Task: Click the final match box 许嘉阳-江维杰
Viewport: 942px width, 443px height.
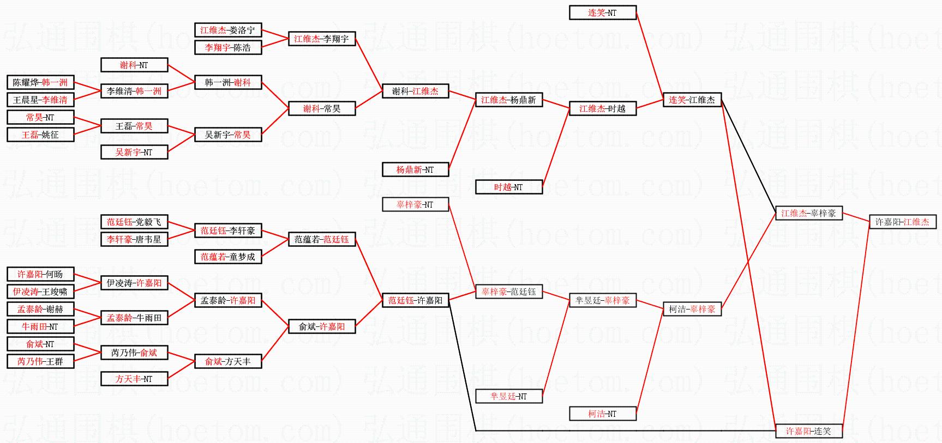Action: click(x=902, y=222)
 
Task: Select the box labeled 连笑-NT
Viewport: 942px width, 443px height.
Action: click(x=602, y=13)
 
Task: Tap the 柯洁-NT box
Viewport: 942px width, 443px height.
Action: click(x=602, y=414)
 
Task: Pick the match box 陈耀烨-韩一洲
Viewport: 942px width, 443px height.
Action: click(x=40, y=82)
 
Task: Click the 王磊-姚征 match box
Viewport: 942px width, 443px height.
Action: click(x=40, y=135)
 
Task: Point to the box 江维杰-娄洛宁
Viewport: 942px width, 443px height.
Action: click(x=227, y=30)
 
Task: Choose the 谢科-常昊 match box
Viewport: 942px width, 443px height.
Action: click(x=321, y=108)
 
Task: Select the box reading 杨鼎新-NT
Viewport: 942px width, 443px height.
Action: click(x=415, y=169)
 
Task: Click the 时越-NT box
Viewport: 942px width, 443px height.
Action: click(x=508, y=187)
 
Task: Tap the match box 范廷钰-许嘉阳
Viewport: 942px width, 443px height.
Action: click(x=415, y=300)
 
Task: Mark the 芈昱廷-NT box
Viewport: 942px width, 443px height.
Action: click(x=508, y=396)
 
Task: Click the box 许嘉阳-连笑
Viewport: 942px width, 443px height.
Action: click(x=808, y=431)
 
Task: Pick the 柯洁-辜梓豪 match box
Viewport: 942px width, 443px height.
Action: click(x=692, y=309)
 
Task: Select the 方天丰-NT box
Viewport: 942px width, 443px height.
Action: click(x=134, y=379)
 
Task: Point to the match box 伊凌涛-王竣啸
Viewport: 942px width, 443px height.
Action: click(x=40, y=292)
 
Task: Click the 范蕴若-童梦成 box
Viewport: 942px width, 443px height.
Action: click(x=227, y=257)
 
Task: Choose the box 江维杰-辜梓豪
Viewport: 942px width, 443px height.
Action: click(x=808, y=213)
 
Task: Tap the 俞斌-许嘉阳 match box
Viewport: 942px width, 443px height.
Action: click(x=321, y=326)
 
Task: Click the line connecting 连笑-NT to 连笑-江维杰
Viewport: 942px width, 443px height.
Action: click(x=649, y=54)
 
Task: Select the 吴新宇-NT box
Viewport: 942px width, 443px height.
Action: click(x=134, y=152)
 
